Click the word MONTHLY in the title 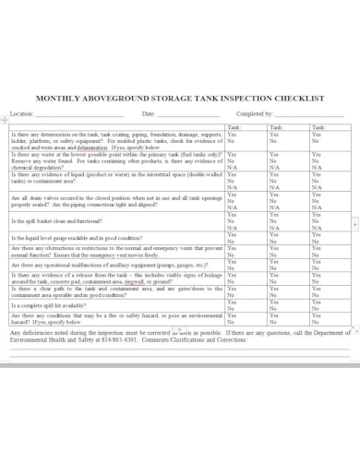(x=58, y=97)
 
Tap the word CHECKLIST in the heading (x=296, y=97)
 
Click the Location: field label (x=21, y=113)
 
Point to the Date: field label (x=148, y=113)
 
